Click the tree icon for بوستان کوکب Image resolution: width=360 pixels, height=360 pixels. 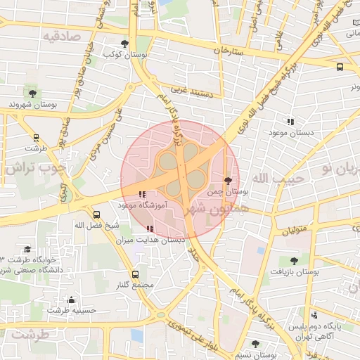coord(124,44)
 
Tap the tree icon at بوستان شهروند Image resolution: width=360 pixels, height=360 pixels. coord(32,92)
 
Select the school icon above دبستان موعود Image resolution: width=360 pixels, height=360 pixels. coord(290,122)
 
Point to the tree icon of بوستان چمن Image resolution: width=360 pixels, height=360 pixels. coord(227,181)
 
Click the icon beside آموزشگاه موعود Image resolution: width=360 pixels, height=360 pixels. coord(142,194)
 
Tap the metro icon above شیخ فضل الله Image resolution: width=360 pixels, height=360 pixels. coord(97,214)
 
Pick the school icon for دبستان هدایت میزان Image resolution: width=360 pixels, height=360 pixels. coord(148,229)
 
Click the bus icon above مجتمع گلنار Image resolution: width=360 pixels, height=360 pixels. coord(135,274)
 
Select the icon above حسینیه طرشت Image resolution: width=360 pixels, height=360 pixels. coord(71,300)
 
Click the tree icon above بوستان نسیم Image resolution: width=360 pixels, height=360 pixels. coord(255,344)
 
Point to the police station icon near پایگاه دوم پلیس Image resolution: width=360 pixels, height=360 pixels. coord(314,315)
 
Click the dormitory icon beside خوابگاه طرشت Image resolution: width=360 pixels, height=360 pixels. coord(27,250)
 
